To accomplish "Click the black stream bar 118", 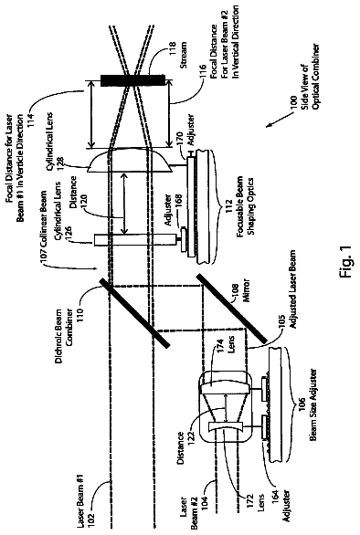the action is (x=132, y=81).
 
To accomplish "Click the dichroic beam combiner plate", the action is (x=134, y=313).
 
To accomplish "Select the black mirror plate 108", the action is (x=231, y=308).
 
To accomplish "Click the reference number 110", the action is (x=83, y=297).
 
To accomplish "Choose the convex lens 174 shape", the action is (x=225, y=388).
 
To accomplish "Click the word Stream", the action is (x=184, y=55).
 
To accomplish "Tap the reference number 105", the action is (x=282, y=331).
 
